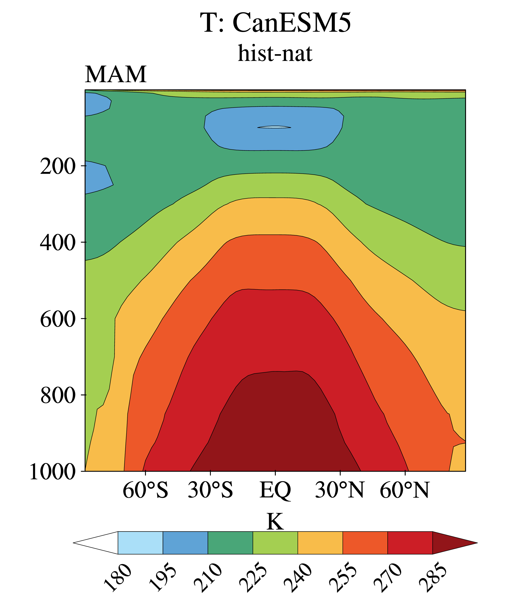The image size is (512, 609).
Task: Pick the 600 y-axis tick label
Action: tap(58, 319)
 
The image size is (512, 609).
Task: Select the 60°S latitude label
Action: tap(145, 490)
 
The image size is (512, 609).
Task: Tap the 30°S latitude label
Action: tap(210, 490)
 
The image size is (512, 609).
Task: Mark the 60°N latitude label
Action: tap(405, 490)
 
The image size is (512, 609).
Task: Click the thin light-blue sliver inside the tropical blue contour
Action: tap(274, 127)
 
